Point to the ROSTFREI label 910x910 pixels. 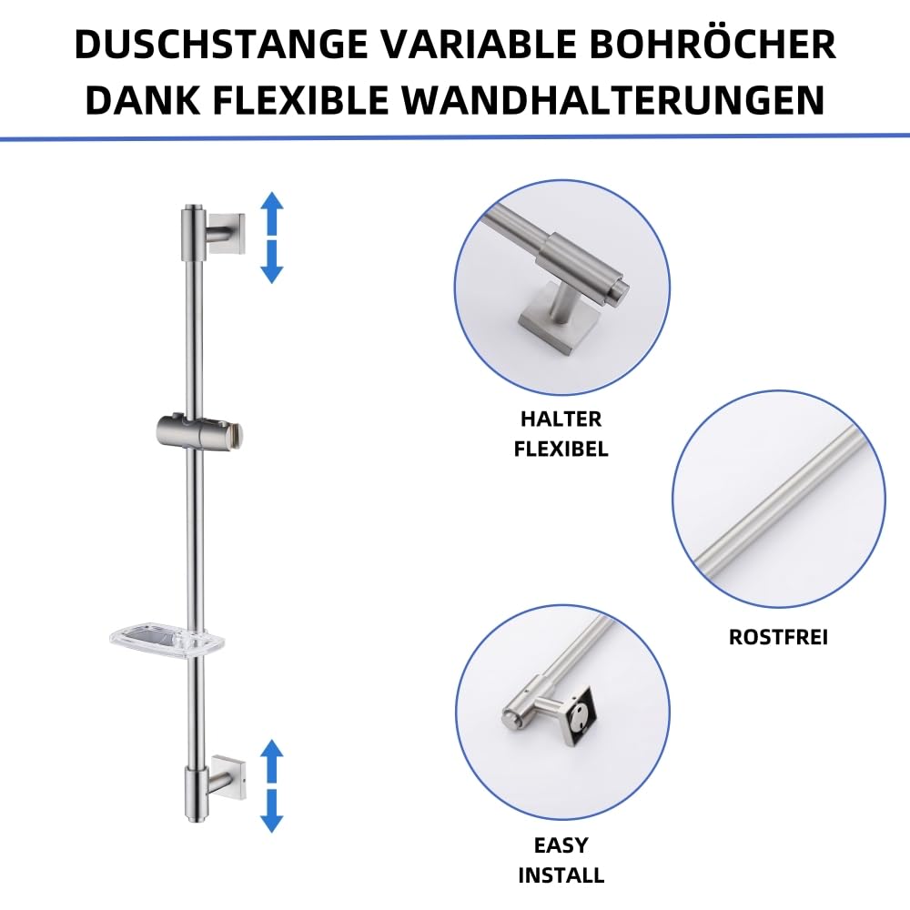tap(778, 637)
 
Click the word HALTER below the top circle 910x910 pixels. tap(561, 420)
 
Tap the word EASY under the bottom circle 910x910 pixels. tap(561, 845)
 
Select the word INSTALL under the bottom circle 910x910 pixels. tap(561, 876)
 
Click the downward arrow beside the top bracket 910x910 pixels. tap(271, 261)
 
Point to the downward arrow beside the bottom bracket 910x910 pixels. tap(271, 810)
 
